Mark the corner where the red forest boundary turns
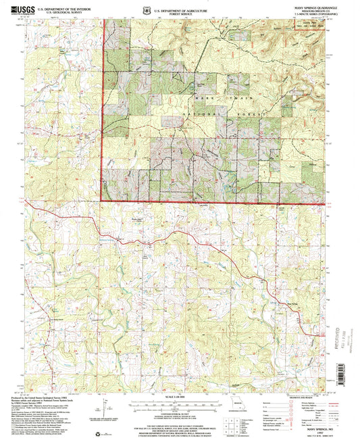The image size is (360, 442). [102, 200]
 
